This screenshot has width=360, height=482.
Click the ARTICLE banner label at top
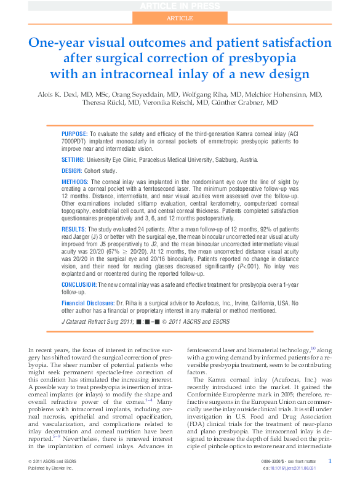click(x=180, y=18)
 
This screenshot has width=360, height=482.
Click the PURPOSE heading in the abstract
click(x=74, y=133)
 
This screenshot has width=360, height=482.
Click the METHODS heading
click(x=75, y=182)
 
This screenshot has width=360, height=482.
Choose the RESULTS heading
click(x=74, y=228)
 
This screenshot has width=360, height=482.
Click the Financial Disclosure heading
click(x=88, y=303)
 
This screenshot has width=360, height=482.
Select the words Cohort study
click(x=100, y=171)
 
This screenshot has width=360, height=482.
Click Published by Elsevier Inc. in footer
click(x=51, y=468)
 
